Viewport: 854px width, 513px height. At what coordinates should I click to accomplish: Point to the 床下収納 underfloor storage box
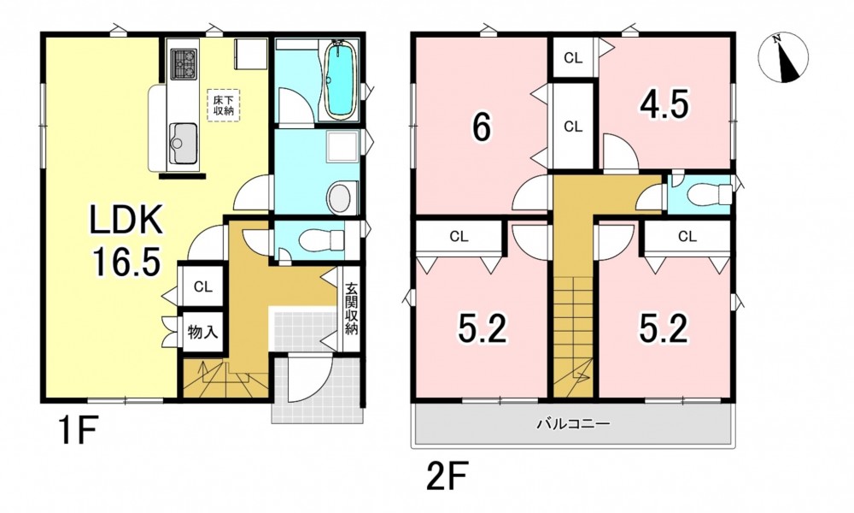(x=223, y=105)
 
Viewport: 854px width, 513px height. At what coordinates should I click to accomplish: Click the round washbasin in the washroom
(x=341, y=199)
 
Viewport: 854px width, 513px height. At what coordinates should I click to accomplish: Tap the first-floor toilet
(x=321, y=239)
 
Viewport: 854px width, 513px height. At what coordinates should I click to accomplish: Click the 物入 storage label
(x=202, y=332)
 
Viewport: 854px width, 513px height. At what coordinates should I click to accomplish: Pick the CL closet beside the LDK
(x=202, y=286)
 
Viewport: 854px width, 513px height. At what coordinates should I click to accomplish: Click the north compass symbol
(x=783, y=58)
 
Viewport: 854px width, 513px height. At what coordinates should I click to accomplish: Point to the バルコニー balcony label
(x=573, y=423)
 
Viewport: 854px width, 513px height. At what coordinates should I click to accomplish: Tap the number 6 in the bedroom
(x=481, y=128)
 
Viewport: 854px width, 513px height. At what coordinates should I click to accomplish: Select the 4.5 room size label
(x=664, y=104)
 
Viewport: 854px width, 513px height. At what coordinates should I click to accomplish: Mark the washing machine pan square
(x=342, y=146)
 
